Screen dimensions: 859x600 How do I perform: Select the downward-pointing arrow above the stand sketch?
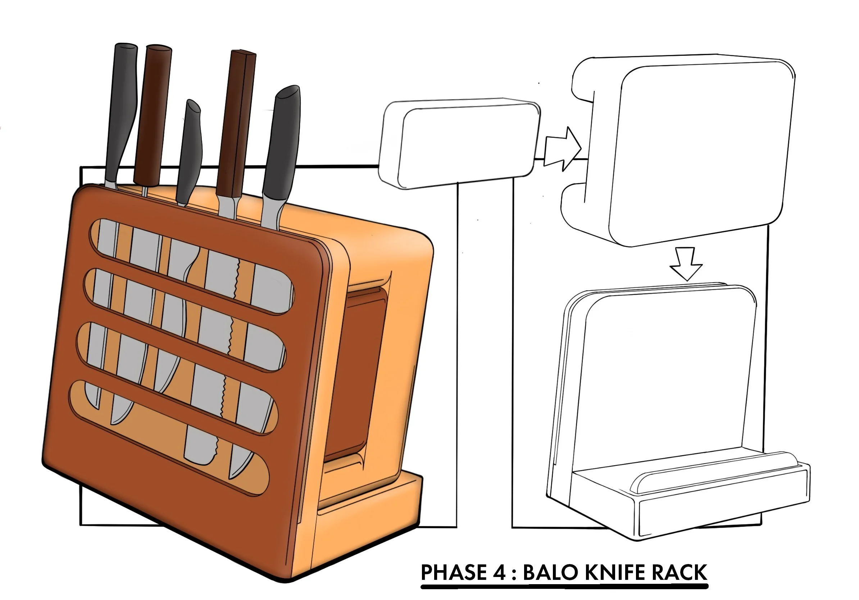coord(686,264)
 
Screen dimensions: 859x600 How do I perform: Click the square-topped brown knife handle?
coord(236,123)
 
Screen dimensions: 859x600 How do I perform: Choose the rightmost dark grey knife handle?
coord(282,142)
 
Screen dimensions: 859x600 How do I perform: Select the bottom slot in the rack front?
coord(168,438)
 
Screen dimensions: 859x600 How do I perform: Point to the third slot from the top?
coord(179,378)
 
